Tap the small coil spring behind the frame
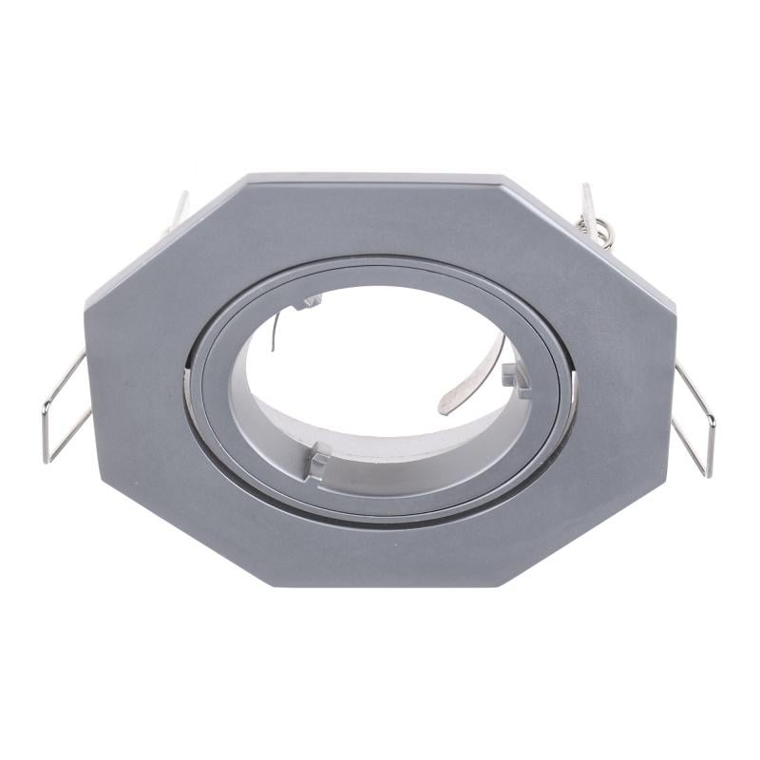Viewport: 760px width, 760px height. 601,232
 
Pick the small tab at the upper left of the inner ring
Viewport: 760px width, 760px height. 310,303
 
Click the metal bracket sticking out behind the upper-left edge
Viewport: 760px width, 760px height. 178,211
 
